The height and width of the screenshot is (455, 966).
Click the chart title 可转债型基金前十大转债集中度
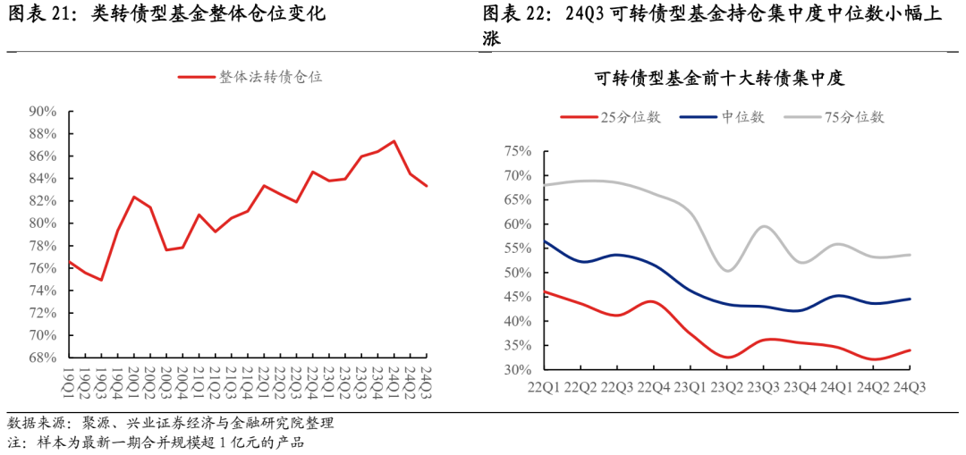tap(720, 79)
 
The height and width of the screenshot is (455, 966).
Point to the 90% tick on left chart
tap(42, 112)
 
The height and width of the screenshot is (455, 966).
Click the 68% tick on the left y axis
tap(42, 358)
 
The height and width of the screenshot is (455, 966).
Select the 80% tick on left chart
tap(42, 223)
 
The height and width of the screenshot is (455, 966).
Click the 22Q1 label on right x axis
tap(546, 386)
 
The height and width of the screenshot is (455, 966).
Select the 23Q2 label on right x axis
tap(727, 386)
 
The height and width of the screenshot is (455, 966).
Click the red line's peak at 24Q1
tap(394, 141)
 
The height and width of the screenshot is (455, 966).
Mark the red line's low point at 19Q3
tap(101, 280)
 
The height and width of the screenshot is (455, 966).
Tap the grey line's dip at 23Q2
tap(728, 270)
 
